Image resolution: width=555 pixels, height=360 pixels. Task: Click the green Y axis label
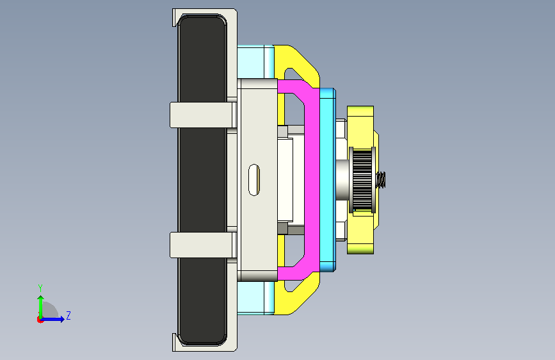click(40, 288)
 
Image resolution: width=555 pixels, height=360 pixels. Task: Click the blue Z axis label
click(68, 315)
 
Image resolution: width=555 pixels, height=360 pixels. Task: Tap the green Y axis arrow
click(41, 307)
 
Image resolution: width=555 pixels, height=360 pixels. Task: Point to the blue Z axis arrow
click(52, 319)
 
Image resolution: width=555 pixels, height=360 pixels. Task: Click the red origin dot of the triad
click(40, 320)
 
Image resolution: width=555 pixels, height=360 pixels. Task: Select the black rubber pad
click(202, 179)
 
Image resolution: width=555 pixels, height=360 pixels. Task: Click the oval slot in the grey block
click(253, 180)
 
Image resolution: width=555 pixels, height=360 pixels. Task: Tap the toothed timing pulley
click(362, 180)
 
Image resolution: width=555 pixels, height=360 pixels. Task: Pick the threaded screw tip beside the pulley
click(381, 180)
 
